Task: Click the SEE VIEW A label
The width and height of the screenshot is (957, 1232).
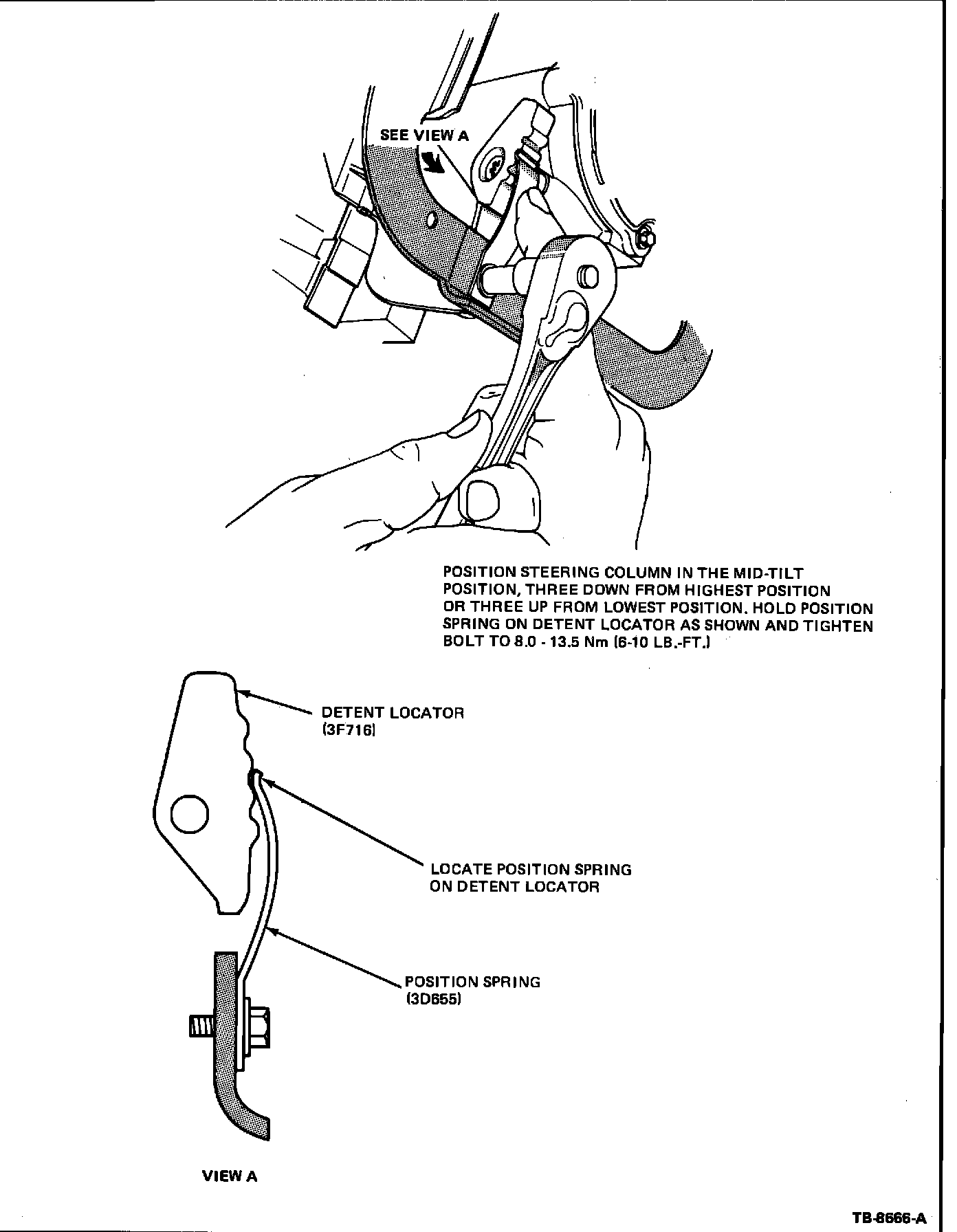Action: tap(424, 135)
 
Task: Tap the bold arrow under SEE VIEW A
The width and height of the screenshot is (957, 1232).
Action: tap(433, 162)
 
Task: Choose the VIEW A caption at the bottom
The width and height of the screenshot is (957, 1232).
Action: tap(230, 1176)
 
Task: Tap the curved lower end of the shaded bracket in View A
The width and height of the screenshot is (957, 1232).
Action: tap(247, 1121)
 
